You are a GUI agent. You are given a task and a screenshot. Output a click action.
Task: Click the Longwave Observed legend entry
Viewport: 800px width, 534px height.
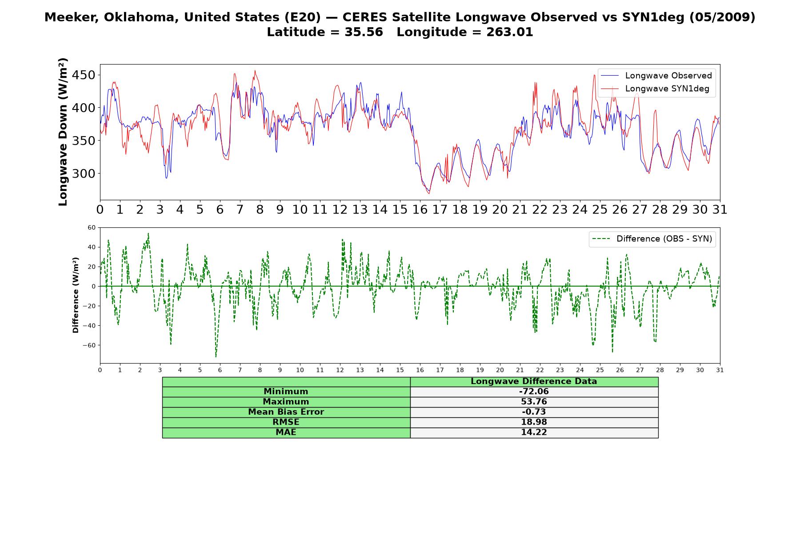(656, 76)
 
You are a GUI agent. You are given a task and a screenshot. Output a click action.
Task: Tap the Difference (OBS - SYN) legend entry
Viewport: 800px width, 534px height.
(652, 239)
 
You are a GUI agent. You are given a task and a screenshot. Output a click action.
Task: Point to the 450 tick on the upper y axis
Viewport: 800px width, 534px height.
(84, 75)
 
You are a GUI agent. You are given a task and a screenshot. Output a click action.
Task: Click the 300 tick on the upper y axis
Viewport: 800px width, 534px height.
(84, 174)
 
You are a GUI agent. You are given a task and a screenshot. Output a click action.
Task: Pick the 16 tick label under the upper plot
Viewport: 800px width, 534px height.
(420, 209)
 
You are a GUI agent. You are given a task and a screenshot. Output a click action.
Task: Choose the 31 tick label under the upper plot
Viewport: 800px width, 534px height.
(720, 209)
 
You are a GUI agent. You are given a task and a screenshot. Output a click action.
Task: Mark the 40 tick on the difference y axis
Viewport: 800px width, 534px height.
(92, 247)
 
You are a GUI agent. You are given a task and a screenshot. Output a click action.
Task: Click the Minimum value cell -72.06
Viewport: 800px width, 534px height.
(534, 392)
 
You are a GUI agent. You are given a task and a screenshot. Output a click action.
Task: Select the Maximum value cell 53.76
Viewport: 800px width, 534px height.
(534, 402)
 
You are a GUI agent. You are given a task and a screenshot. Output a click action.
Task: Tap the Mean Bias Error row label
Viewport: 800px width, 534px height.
(286, 412)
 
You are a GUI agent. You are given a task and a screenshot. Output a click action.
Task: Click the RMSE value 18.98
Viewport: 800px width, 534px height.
(534, 422)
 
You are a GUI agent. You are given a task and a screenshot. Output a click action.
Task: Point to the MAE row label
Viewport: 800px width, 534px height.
(286, 433)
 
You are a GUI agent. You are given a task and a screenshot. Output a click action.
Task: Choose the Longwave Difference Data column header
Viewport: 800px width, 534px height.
(534, 381)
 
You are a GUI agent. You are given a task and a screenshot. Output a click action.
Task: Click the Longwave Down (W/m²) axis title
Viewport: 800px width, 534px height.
(63, 132)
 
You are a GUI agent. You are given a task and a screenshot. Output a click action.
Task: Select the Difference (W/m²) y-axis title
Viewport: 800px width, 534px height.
(76, 295)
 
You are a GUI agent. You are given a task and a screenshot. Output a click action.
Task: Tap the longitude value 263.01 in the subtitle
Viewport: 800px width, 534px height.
(509, 32)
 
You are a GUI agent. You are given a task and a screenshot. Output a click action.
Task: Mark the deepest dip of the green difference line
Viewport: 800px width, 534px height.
(216, 357)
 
